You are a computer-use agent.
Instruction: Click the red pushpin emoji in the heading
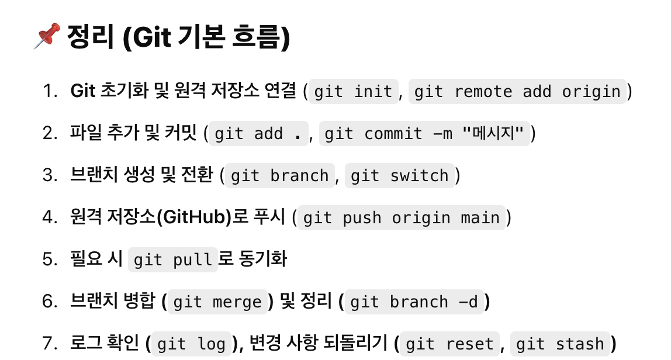point(47,36)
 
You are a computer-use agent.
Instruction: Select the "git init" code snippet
point(353,92)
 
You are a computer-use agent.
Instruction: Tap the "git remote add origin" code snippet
point(517,92)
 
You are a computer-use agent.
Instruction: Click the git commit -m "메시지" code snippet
point(424,134)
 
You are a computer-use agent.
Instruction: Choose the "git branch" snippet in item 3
point(280,176)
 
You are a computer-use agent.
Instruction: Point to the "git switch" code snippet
point(399,176)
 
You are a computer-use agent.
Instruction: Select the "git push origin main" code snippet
point(402,218)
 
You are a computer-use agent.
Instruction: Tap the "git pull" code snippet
point(172,260)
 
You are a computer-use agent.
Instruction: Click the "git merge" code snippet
point(217,302)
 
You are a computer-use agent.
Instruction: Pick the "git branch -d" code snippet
point(414,302)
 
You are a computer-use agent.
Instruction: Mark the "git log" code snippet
point(192,344)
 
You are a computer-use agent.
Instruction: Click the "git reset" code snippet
point(449,344)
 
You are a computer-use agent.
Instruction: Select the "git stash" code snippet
point(560,344)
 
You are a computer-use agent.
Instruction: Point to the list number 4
point(48,217)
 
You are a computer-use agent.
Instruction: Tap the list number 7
point(48,344)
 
